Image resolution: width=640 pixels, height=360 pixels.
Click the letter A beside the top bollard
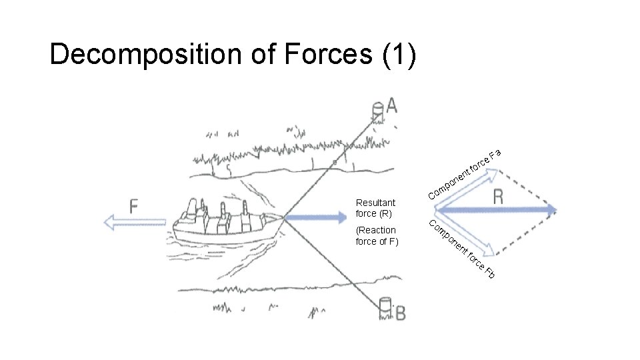[x=391, y=105]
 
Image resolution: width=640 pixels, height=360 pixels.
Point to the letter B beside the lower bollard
[x=400, y=312]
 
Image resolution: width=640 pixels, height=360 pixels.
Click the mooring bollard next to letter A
[x=377, y=108]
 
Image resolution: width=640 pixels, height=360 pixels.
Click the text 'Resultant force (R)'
[x=375, y=208]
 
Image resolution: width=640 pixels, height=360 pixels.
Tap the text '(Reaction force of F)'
[x=377, y=236]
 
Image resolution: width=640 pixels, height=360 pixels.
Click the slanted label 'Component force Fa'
[x=463, y=175]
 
